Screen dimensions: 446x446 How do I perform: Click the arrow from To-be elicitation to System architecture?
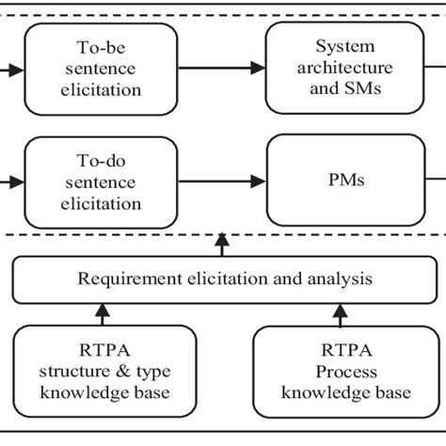pos(221,67)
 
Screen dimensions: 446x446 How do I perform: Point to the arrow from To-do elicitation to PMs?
pos(221,178)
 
